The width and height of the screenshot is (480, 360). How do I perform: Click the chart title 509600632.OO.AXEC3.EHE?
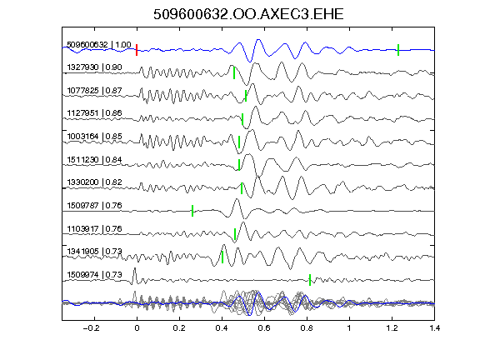tap(248, 14)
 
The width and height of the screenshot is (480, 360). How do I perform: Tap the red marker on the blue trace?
tap(137, 50)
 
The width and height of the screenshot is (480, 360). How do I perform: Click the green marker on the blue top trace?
tap(398, 50)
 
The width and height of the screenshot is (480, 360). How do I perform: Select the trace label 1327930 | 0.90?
tap(95, 67)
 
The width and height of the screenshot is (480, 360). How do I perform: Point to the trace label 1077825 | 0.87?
tap(95, 91)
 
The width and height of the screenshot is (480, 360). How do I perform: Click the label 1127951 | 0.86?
tap(95, 113)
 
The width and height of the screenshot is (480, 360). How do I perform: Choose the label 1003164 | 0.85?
tap(95, 136)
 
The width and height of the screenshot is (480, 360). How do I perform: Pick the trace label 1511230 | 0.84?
tap(95, 160)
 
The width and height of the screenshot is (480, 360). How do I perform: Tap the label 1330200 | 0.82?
tap(95, 182)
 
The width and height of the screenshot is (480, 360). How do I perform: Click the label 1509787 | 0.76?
tap(95, 205)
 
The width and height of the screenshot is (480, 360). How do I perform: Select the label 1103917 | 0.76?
tap(95, 229)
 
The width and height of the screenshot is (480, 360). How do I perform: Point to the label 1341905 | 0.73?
tap(95, 252)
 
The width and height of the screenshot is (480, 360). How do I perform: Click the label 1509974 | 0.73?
tap(95, 275)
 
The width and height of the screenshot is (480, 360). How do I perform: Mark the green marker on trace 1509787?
tap(192, 211)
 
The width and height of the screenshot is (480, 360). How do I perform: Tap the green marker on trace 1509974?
tap(310, 280)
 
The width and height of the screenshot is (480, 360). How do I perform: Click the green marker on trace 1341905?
tap(222, 257)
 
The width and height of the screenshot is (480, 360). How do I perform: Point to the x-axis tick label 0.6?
tap(264, 328)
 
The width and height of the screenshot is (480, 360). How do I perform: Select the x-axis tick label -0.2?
tap(92, 328)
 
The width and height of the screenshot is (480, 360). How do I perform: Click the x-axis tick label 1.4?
tap(435, 328)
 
